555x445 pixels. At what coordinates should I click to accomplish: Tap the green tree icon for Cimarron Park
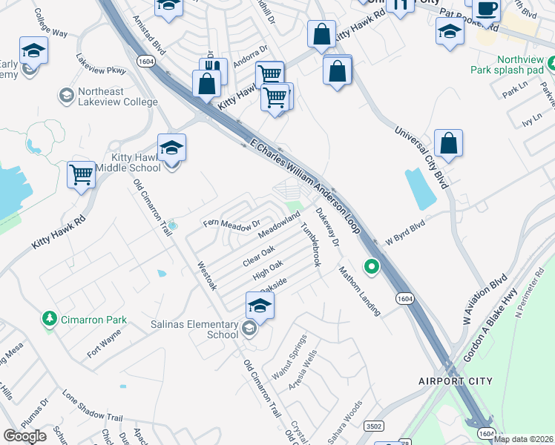tap(50, 318)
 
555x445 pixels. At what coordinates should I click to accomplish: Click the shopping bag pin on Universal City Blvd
tap(449, 142)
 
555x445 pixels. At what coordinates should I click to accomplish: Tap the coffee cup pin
tap(486, 9)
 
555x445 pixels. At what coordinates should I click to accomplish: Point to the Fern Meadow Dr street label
tap(232, 223)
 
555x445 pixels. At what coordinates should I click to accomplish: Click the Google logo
tap(25, 435)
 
